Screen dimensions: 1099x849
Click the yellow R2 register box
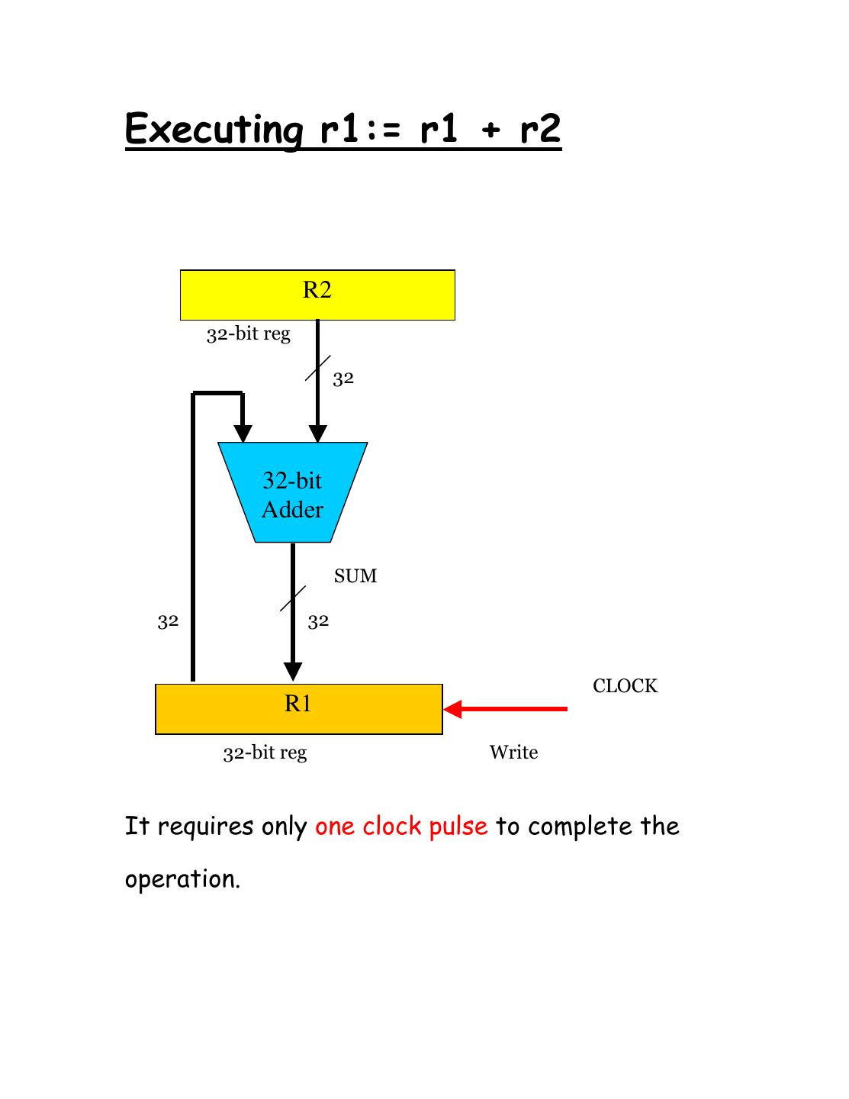tap(317, 295)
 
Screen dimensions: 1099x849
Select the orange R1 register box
tap(298, 709)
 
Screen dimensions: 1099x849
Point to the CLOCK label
tap(625, 686)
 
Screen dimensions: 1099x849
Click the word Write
tap(513, 753)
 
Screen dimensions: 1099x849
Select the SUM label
tap(355, 576)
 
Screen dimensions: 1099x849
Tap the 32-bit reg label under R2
tap(249, 334)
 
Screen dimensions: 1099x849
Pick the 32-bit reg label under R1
tap(265, 753)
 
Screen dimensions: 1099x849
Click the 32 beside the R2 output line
tap(343, 379)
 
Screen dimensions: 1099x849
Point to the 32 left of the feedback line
tap(168, 621)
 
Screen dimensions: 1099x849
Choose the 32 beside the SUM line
tap(318, 621)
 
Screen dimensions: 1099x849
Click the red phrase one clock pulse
tap(401, 826)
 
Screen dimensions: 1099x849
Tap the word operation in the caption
tap(182, 879)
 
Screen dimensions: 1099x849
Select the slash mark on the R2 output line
tap(317, 367)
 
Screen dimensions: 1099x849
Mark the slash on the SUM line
tap(293, 598)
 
